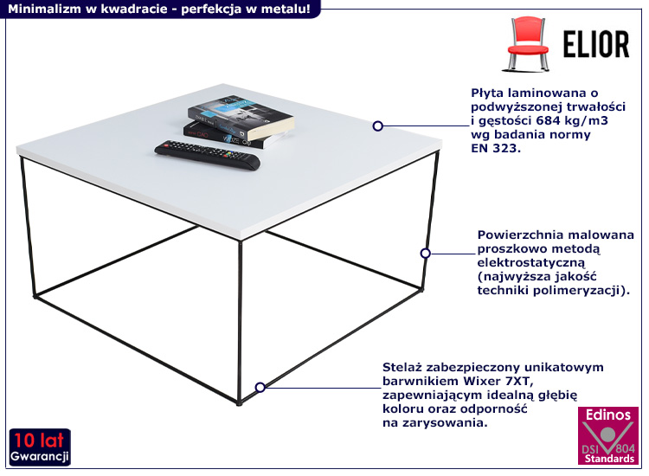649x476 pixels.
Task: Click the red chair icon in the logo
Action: (x=526, y=43)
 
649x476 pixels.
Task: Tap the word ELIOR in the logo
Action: (x=596, y=44)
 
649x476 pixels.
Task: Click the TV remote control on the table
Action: (x=208, y=155)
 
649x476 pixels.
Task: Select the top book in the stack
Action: (x=241, y=118)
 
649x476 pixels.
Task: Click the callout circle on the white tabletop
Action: (x=377, y=125)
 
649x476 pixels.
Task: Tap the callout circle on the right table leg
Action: (x=425, y=253)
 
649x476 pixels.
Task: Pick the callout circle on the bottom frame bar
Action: (x=260, y=387)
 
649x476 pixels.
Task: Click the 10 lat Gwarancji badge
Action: (x=40, y=447)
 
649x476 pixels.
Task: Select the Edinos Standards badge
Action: (x=608, y=435)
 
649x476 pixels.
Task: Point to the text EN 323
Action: (x=496, y=148)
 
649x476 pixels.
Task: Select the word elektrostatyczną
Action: (x=531, y=262)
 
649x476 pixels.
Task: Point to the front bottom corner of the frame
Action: (x=239, y=403)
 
